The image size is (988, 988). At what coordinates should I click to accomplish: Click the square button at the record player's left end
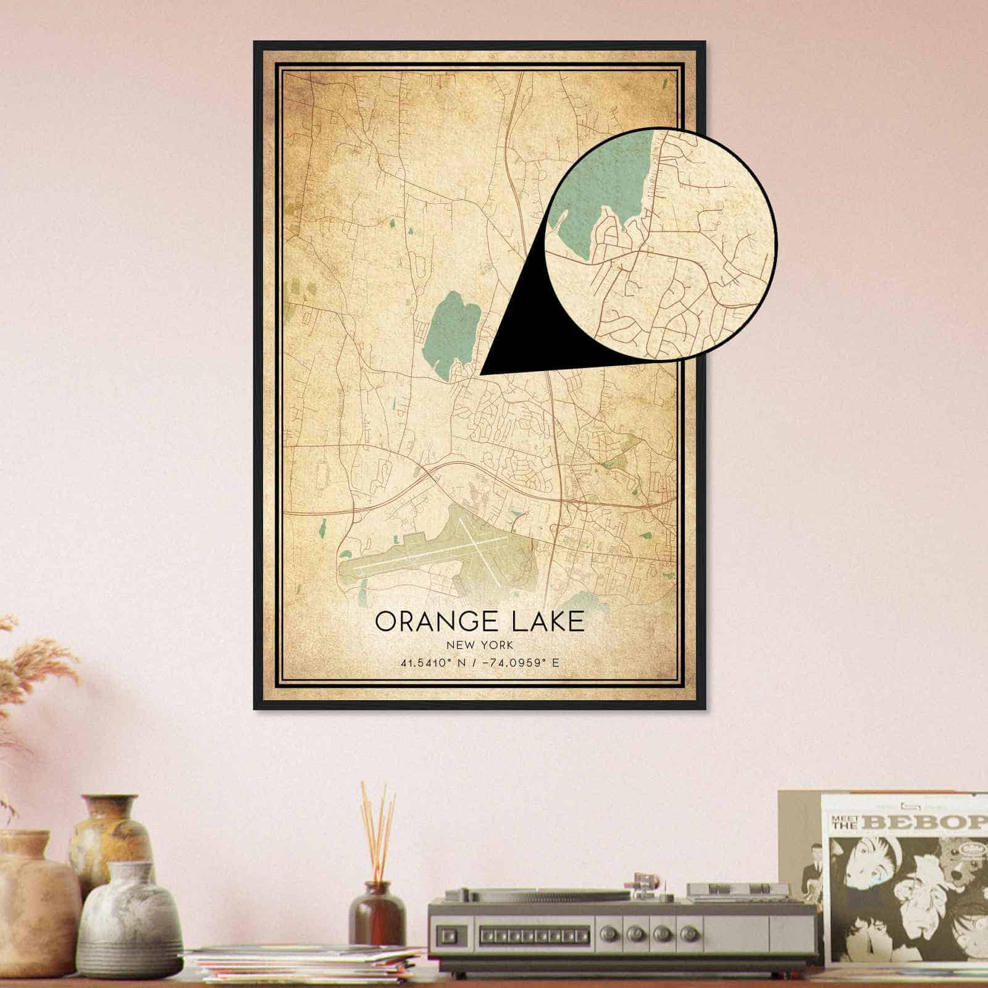(446, 933)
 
